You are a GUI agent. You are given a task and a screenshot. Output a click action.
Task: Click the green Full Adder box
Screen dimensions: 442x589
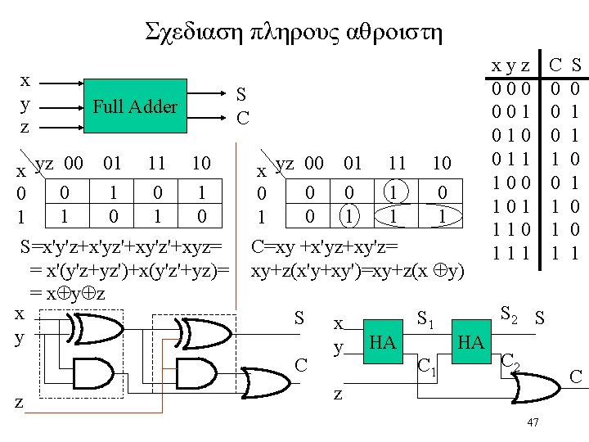click(135, 106)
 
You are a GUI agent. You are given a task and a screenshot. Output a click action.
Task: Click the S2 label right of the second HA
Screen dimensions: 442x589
click(509, 312)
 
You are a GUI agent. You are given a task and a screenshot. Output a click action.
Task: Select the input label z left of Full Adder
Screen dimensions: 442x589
click(25, 128)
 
